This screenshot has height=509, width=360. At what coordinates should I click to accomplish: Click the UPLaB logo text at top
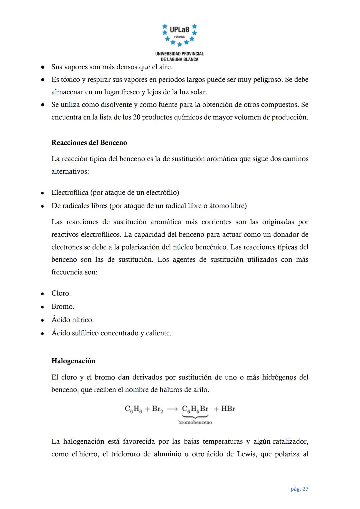point(179,30)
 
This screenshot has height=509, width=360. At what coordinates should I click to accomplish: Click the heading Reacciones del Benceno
point(89,143)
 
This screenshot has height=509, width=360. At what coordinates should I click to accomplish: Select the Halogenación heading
point(73,361)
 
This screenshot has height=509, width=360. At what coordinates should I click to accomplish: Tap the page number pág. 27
point(299,489)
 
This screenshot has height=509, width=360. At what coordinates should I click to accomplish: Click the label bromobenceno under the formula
point(195,422)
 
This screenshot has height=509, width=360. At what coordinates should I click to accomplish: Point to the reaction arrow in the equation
point(172,409)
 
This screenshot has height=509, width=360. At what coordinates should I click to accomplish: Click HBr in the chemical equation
point(228,409)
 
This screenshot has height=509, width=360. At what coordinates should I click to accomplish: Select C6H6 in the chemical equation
point(133,409)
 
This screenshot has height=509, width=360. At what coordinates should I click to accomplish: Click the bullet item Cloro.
point(61,293)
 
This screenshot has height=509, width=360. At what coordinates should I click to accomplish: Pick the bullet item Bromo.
point(63,307)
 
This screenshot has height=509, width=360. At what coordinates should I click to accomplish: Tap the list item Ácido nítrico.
point(72,320)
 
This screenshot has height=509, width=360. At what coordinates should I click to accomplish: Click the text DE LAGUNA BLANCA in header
point(179,59)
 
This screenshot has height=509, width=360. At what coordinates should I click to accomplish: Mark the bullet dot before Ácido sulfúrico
point(43,333)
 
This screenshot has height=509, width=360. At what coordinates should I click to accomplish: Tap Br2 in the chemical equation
point(157,409)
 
